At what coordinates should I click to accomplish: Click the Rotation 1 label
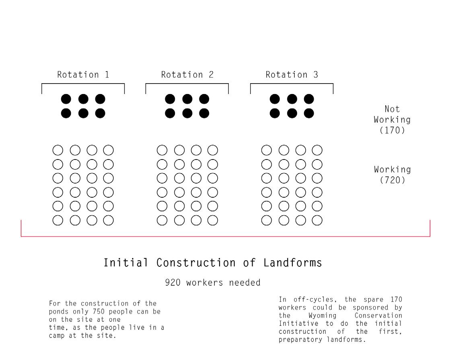pos(83,75)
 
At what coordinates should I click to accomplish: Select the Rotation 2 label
pos(187,75)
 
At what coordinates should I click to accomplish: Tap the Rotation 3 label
pos(292,75)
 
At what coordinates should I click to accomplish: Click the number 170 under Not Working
pos(392,130)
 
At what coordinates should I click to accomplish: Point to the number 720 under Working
pos(392,180)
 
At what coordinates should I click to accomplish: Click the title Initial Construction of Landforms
pos(213,263)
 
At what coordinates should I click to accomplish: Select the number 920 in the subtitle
pos(173,283)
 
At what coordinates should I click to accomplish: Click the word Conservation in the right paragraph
pos(378,316)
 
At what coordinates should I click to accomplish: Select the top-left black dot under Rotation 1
pos(66,99)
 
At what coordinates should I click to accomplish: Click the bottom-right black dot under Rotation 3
pos(309,113)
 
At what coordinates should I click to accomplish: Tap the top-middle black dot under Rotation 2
pos(187,99)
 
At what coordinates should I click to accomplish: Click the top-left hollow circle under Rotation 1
pos(58,150)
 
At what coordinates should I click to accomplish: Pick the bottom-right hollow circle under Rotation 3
pos(317,220)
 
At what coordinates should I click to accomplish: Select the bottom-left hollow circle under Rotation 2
pos(162,220)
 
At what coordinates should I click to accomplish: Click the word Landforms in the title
pos(293,263)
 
